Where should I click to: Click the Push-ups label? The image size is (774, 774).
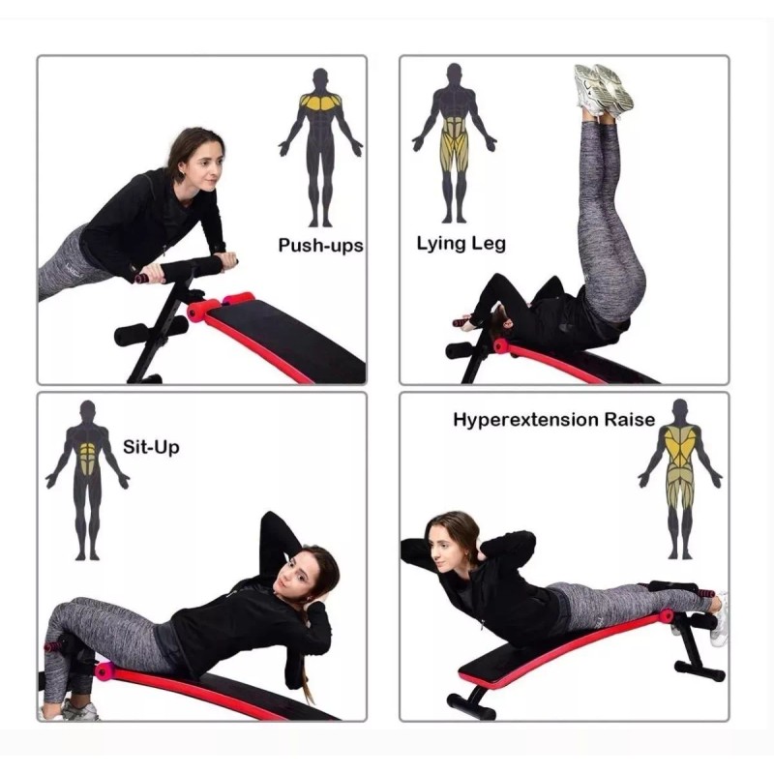320,245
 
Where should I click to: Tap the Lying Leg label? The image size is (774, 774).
461,244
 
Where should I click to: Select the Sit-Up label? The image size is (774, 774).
151,447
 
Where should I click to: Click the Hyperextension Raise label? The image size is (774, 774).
554,420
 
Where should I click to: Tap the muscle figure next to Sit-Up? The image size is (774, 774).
88,479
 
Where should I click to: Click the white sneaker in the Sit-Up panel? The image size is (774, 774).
79,711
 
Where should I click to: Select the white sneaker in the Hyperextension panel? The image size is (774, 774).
719,619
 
